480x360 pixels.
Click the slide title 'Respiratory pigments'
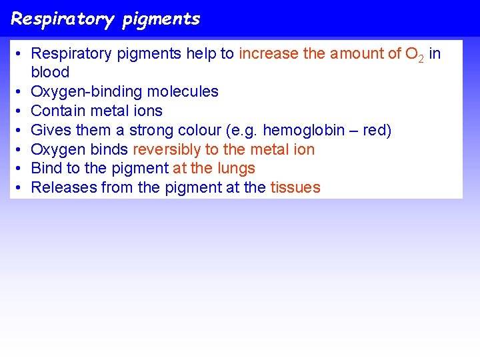[x=105, y=19]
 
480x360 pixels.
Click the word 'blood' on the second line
[x=50, y=72]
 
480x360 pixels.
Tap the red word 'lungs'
[x=235, y=168]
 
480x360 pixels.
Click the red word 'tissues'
[x=295, y=187]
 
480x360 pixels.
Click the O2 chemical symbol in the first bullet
[x=414, y=54]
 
